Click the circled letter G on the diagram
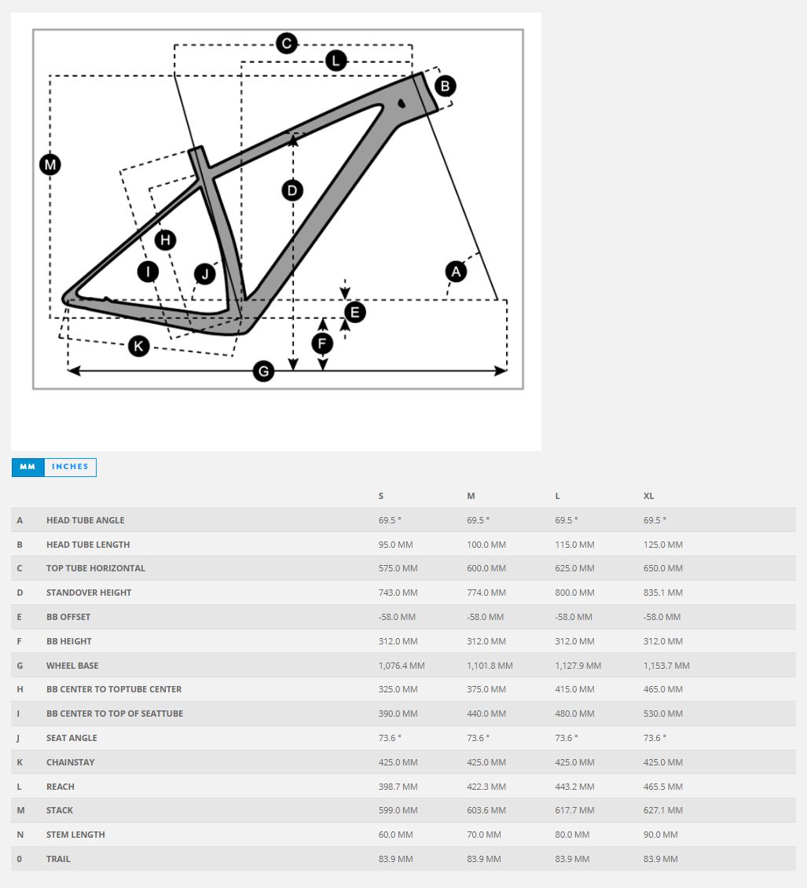264,371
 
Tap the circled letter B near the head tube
445,86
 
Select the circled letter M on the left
50,165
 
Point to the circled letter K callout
139,345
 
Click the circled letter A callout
456,272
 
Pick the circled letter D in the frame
292,190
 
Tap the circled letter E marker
354,313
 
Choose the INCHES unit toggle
70,467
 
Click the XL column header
648,496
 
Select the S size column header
381,496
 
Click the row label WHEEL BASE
72,666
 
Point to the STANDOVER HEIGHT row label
89,593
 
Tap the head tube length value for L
574,545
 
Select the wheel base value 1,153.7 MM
666,666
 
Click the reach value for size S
398,787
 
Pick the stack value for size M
486,810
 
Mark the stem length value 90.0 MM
660,835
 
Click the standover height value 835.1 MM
663,593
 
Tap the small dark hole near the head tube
402,102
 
